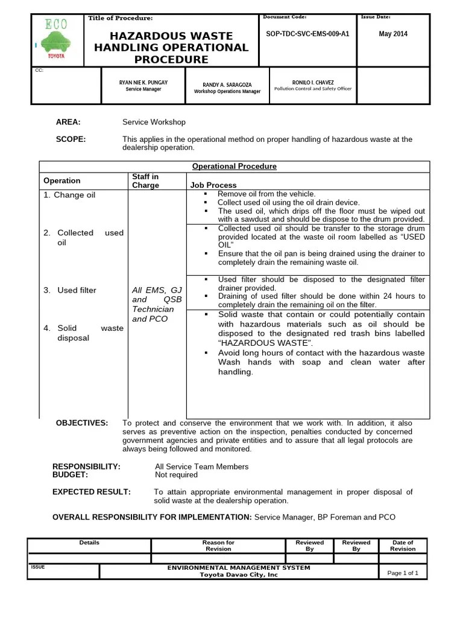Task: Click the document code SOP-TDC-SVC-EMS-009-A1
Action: click(x=307, y=34)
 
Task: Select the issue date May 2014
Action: click(x=393, y=34)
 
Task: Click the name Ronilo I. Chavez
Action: click(x=312, y=81)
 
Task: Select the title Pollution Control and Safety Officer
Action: click(x=312, y=89)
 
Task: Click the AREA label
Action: click(x=68, y=121)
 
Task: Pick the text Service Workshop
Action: click(x=154, y=121)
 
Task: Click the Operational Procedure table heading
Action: click(x=234, y=166)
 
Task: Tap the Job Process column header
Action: click(x=213, y=185)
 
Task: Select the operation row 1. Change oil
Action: click(x=69, y=195)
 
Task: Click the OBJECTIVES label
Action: click(x=82, y=422)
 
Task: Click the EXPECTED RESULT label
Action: click(x=92, y=492)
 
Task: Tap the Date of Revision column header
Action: click(x=402, y=546)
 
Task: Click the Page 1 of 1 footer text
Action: click(x=402, y=573)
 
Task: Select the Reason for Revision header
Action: click(x=218, y=546)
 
